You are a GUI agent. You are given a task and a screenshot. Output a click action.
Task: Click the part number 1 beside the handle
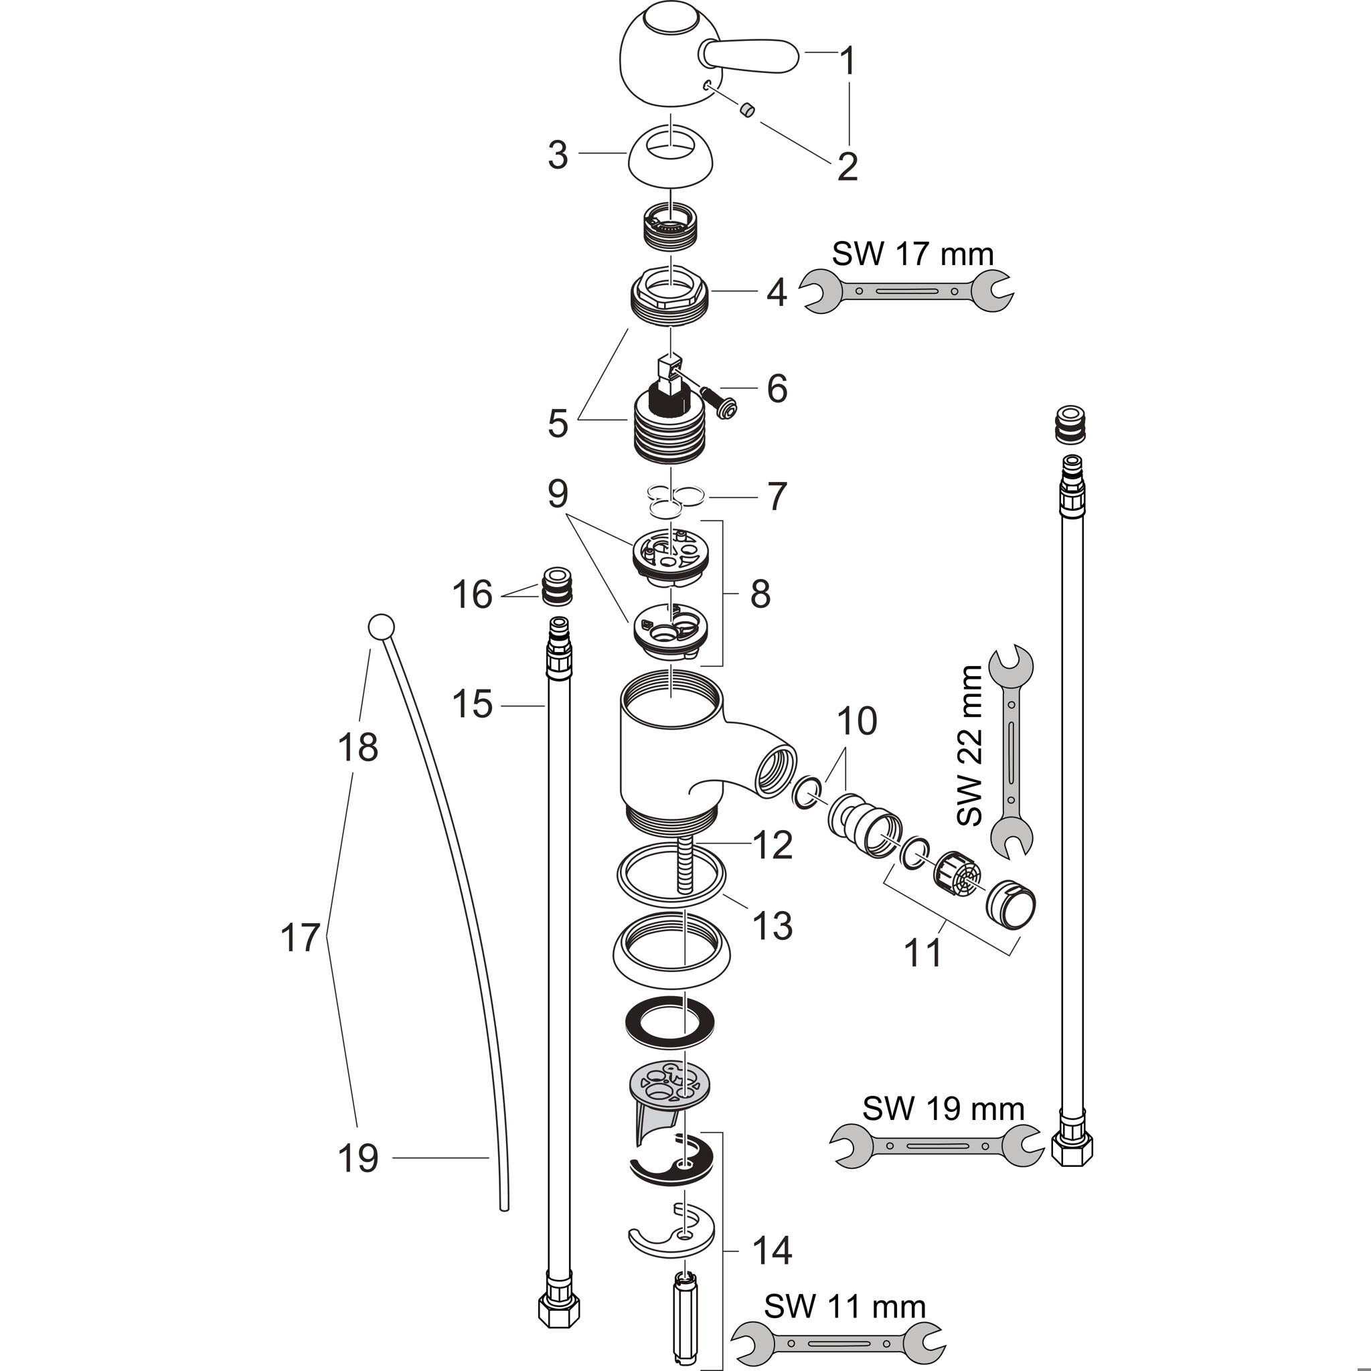click(x=848, y=61)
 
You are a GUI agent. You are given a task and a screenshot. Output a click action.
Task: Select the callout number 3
click(x=558, y=155)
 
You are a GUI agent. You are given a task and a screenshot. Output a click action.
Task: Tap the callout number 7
click(x=777, y=497)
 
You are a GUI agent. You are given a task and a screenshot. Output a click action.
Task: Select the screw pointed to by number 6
click(x=720, y=402)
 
